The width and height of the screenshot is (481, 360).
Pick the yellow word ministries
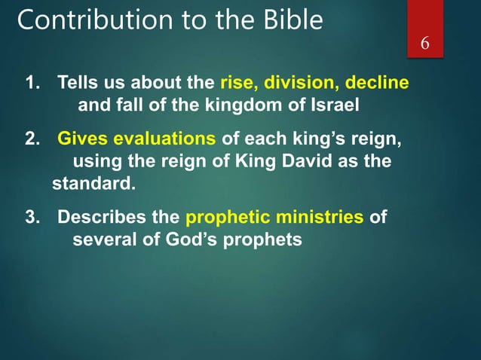[316, 218]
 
